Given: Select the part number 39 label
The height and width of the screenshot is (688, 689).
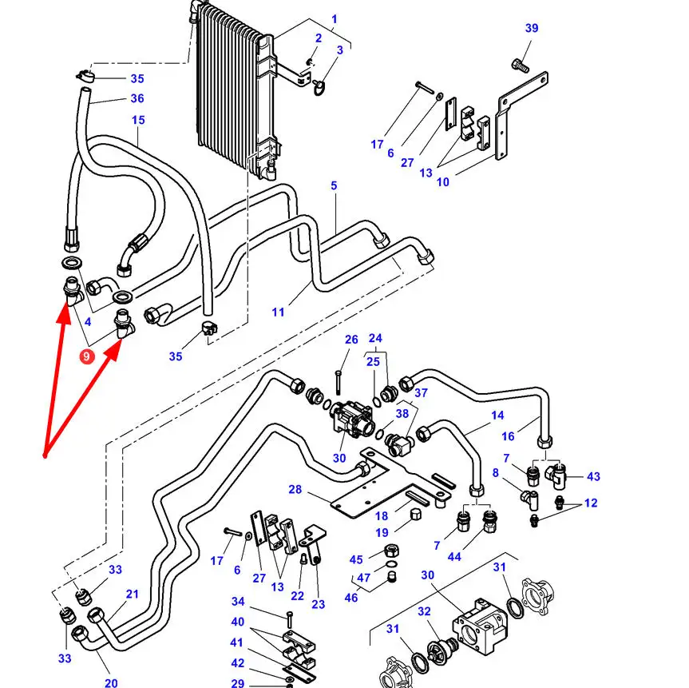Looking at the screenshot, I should [x=532, y=29].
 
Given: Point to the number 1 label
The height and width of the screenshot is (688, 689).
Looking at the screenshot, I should [x=334, y=19].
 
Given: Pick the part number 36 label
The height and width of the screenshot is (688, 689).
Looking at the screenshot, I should [x=137, y=99].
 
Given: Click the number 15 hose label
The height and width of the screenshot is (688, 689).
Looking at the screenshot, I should [x=138, y=121].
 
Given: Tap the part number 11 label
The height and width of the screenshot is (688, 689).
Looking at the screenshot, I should [x=278, y=312].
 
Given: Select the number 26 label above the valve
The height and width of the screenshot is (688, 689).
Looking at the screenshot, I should [x=351, y=340].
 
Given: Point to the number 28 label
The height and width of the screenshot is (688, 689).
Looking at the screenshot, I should [x=295, y=489].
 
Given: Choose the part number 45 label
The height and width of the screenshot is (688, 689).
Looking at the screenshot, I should [x=356, y=559].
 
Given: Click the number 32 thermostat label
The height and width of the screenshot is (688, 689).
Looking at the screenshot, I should [x=425, y=611].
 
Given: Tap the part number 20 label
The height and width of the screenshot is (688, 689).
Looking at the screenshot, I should [x=111, y=682].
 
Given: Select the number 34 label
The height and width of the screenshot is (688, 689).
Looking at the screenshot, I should [x=238, y=602].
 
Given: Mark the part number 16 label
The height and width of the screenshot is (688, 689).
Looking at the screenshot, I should [x=530, y=437].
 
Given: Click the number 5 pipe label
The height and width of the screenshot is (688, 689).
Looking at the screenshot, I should [x=334, y=186].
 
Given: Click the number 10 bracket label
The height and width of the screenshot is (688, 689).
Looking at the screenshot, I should [x=442, y=182].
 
